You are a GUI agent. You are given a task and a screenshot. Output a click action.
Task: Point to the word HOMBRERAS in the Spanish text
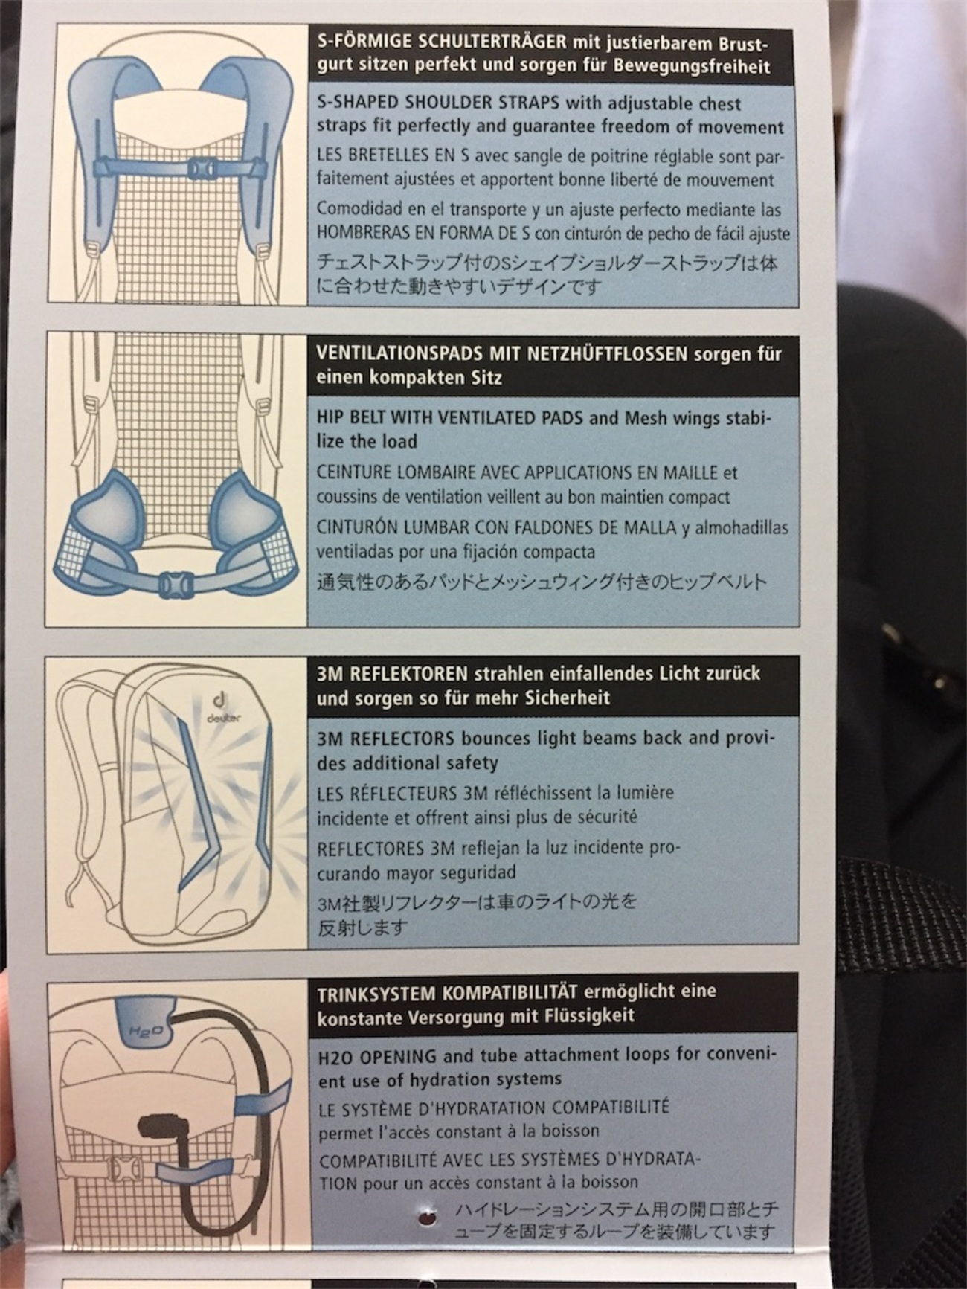[x=357, y=233]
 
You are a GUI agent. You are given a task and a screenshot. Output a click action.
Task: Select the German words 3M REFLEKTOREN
[x=392, y=674]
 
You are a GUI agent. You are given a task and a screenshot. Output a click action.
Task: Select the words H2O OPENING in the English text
[x=376, y=1055]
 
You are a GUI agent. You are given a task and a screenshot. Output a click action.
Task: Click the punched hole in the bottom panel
[x=428, y=1218]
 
